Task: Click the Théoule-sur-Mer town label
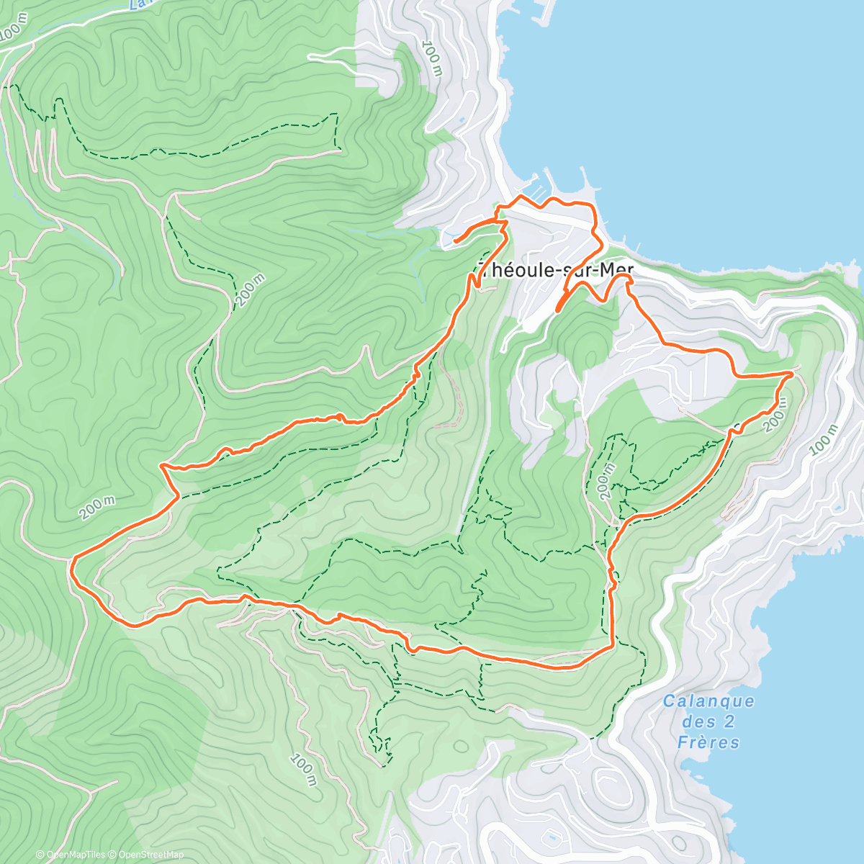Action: [556, 270]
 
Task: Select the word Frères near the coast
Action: [708, 742]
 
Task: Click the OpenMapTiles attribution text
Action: [70, 855]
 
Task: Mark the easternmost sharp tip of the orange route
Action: [793, 373]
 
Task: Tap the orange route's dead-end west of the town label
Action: [455, 241]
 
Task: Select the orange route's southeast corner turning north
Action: [612, 644]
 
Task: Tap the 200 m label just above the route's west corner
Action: [97, 508]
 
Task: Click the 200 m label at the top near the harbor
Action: [432, 59]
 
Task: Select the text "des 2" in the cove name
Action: [700, 722]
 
